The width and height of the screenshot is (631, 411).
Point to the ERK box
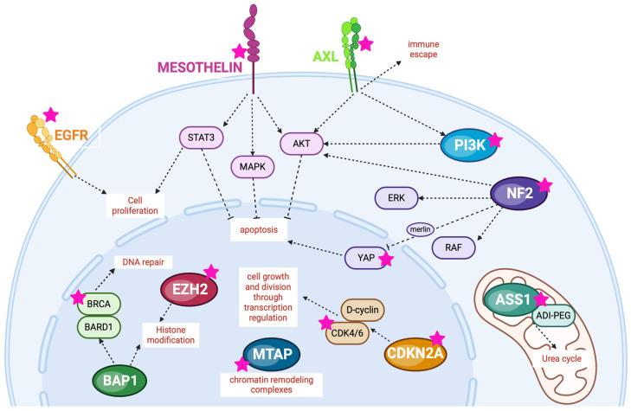click(396, 196)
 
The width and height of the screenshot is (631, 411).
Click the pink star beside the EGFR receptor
click(51, 113)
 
